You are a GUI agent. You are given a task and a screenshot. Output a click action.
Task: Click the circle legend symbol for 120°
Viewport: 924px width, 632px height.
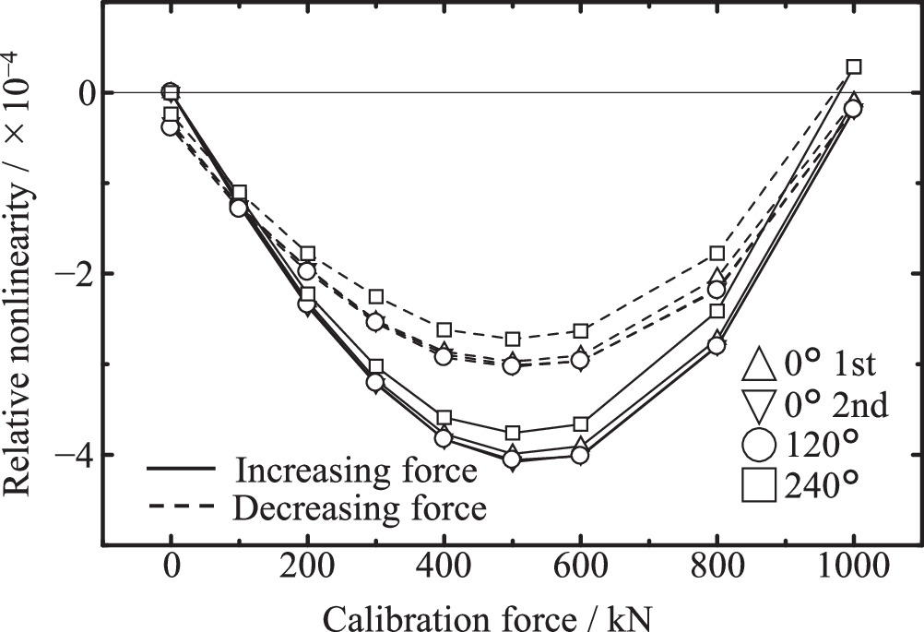tap(758, 445)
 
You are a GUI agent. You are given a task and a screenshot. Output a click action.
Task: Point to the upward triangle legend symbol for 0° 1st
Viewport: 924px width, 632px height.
tap(758, 366)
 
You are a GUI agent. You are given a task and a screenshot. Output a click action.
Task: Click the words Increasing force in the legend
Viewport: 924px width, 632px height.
tap(356, 471)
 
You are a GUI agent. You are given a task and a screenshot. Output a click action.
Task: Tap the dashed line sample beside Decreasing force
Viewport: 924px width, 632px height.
tap(180, 506)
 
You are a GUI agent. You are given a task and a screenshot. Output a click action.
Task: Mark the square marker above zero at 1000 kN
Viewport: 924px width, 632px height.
tap(854, 66)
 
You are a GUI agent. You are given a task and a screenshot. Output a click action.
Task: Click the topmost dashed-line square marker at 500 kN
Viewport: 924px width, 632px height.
tap(513, 340)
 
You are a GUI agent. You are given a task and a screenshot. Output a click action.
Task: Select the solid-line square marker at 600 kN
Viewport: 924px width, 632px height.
tap(580, 424)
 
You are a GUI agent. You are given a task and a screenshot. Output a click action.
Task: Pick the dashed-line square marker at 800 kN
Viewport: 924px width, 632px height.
tap(717, 253)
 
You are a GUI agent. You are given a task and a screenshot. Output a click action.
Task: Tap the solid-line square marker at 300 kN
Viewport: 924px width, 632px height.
tap(375, 367)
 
